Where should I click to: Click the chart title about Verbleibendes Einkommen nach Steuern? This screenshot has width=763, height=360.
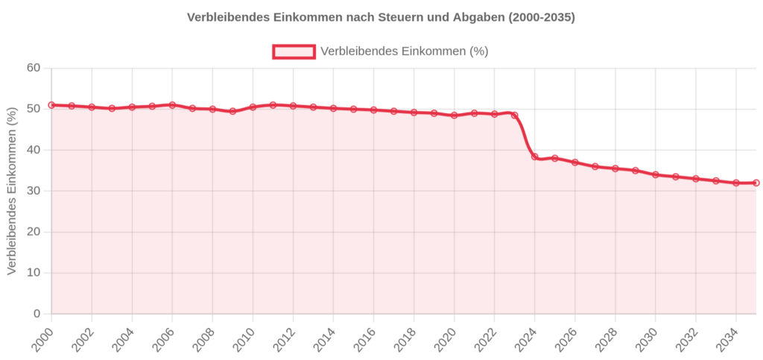[381, 17]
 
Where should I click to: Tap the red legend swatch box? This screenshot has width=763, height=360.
[294, 51]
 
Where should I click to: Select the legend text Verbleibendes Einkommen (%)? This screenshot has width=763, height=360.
[404, 51]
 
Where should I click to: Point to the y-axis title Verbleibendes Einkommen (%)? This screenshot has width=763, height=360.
[11, 191]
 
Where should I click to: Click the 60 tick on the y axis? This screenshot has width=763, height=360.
[34, 69]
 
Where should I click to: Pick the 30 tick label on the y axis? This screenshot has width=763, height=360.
[34, 191]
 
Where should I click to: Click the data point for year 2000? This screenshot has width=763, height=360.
[51, 105]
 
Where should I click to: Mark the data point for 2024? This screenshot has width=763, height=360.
[535, 157]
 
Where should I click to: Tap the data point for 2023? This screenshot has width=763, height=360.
[515, 116]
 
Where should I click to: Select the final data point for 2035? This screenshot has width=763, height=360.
[756, 183]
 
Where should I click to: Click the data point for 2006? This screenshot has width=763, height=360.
[172, 105]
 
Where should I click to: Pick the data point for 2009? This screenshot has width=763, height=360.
[232, 111]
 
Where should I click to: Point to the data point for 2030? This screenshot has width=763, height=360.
[656, 174]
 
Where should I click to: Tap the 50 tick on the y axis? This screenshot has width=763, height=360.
[34, 109]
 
